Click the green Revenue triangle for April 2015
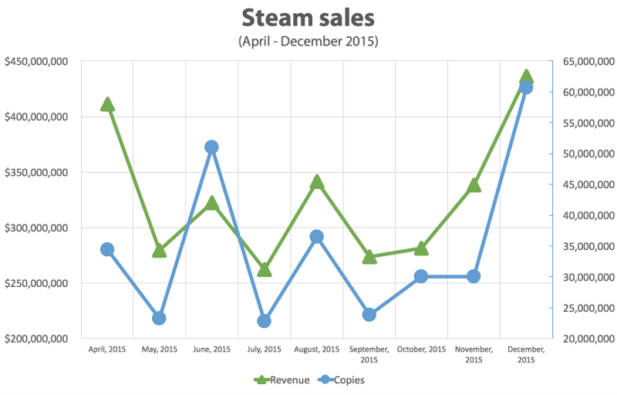107,104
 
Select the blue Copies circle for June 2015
211,147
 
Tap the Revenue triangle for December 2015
526,76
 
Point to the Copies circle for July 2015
264,321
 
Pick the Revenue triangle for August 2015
316,182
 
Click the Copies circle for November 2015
474,276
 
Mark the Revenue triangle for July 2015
264,269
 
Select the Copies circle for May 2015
159,318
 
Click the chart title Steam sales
308,17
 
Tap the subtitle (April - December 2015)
308,41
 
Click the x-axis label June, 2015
211,349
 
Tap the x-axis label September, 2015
369,354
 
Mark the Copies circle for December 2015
526,87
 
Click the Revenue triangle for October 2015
421,248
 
